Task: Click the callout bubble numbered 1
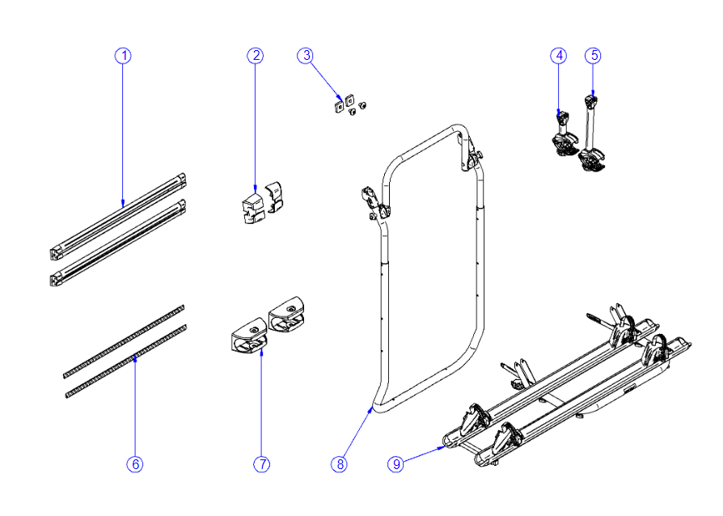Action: point(123,56)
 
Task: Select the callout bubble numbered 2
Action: point(256,56)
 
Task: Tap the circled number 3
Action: point(305,56)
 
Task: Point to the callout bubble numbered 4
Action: point(559,56)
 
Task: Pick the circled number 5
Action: point(594,56)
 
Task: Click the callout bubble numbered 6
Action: point(135,464)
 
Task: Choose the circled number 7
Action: point(261,464)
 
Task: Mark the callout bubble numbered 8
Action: point(339,464)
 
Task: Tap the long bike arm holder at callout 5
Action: point(591,137)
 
